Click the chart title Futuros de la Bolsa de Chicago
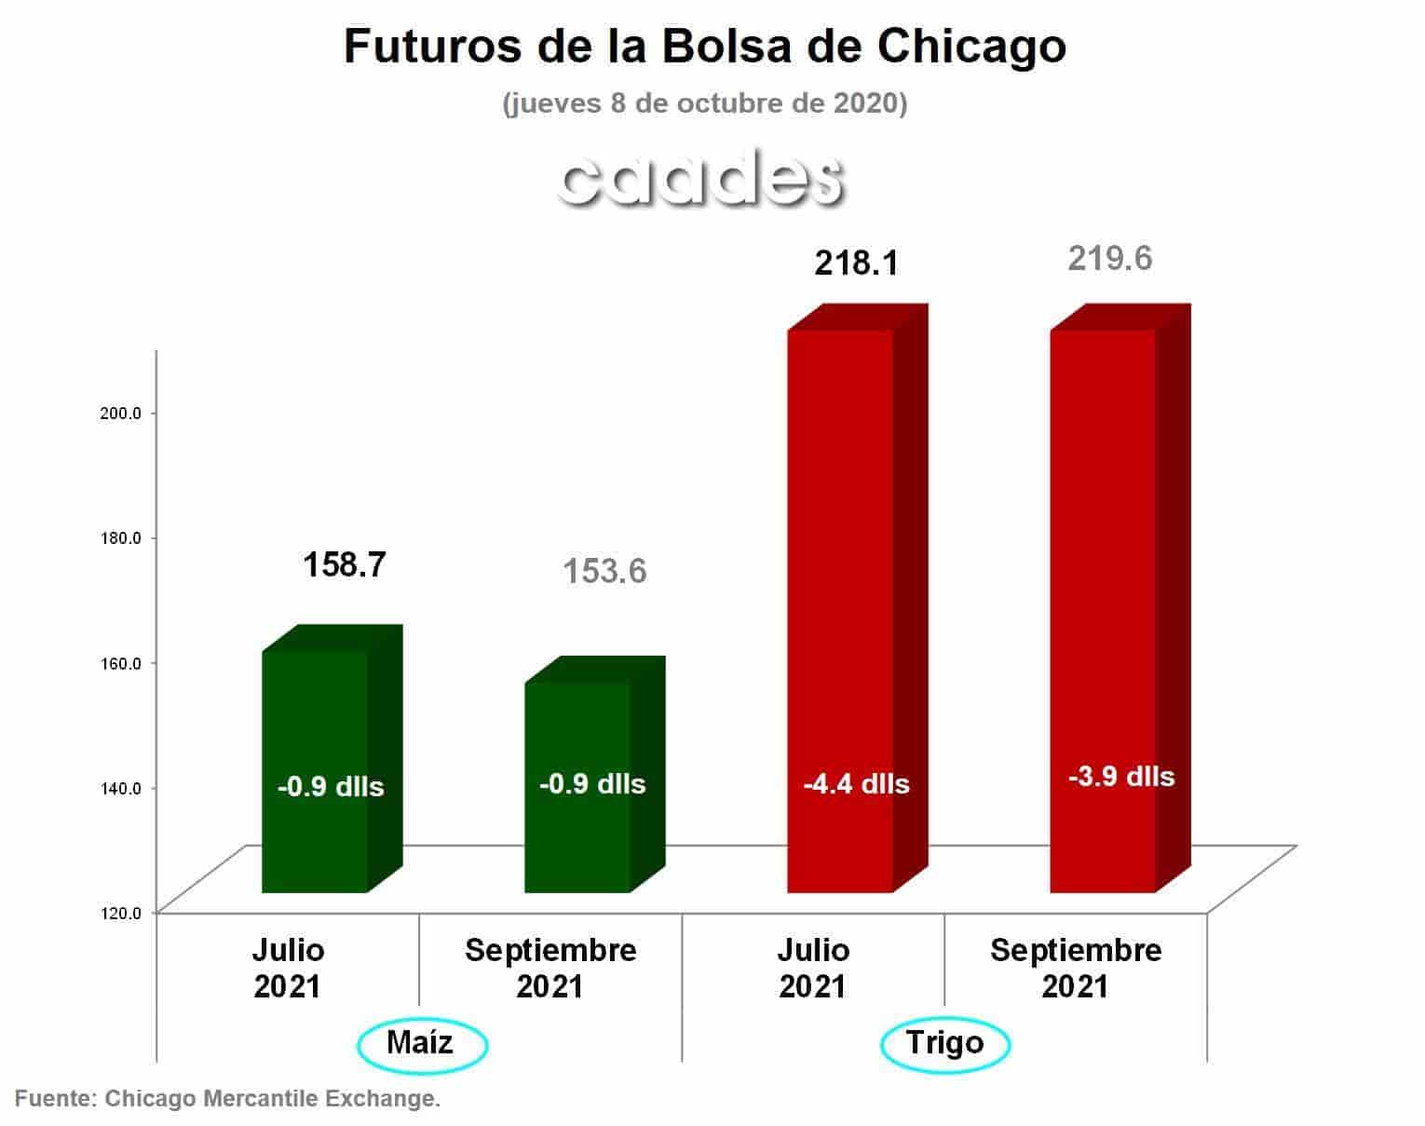(x=704, y=47)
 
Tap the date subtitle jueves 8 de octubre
(x=704, y=102)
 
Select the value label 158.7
(x=344, y=564)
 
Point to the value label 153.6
(x=604, y=571)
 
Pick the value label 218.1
(x=856, y=264)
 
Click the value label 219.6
(x=1109, y=258)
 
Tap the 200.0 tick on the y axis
(x=120, y=413)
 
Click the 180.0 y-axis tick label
(x=120, y=538)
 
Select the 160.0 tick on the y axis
(x=120, y=663)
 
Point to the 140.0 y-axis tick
(x=120, y=788)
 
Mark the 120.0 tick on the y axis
(x=120, y=913)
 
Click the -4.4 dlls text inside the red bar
(x=856, y=784)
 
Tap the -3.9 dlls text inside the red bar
(x=1120, y=776)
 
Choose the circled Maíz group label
(x=421, y=1042)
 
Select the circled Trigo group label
(x=944, y=1042)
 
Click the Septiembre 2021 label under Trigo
(x=1076, y=968)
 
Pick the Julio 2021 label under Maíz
(x=288, y=968)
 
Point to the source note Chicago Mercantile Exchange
(x=227, y=1099)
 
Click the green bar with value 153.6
(x=578, y=787)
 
